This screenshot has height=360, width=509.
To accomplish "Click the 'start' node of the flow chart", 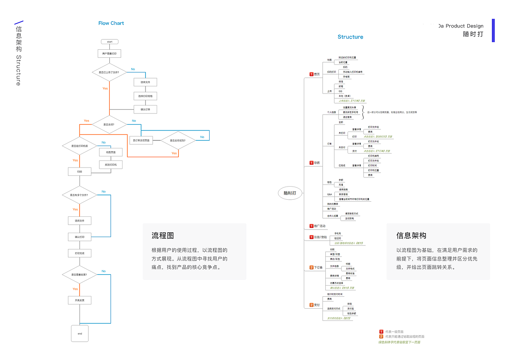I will point(110,42).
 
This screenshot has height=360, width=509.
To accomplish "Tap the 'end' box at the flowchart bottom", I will point(80,333).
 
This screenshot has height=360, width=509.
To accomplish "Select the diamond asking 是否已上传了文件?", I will point(109,72).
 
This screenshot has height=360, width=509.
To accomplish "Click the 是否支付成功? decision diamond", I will point(178,140).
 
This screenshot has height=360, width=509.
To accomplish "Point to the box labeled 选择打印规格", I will point(146,96).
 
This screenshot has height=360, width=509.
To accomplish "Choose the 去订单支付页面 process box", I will point(141,140).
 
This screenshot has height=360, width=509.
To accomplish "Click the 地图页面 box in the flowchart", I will point(111,152).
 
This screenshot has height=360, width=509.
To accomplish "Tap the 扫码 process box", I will point(80,171).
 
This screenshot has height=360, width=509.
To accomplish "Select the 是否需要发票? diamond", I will point(80,274).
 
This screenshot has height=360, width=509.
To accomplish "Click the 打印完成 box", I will point(80,253).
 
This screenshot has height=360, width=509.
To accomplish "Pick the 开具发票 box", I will point(80,300).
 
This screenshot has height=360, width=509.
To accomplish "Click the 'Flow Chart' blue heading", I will point(111,23).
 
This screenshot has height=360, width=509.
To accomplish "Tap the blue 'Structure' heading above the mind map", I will point(350,37).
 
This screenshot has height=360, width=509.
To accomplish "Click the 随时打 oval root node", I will point(290,193).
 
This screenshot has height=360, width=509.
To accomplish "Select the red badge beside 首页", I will point(311,74).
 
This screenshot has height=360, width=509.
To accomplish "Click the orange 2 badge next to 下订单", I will point(311,267).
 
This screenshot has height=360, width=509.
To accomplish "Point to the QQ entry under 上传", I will point(340,91).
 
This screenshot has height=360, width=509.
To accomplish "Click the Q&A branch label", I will point(330,195).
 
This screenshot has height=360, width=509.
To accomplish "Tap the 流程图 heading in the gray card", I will point(163,235).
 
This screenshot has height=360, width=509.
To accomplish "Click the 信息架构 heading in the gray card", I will point(411,235).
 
